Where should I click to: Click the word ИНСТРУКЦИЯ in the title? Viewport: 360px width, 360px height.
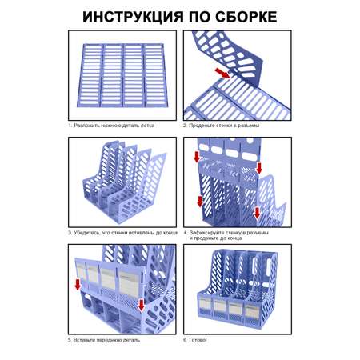coord(133,17)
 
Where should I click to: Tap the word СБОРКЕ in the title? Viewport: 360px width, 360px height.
coord(246,17)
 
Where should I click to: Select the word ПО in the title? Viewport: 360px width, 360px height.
coord(199,17)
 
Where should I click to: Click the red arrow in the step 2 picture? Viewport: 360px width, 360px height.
coord(223,73)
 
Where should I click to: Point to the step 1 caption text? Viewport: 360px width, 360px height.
coord(111,126)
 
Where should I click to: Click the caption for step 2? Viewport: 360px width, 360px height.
coord(221,126)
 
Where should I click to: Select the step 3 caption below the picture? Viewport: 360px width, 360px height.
coord(122,233)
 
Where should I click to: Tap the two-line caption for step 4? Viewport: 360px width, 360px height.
coord(226,235)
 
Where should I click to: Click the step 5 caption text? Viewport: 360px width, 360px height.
coord(104,340)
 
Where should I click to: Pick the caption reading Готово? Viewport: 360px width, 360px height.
coord(195,340)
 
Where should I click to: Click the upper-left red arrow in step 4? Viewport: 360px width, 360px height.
coord(197,157)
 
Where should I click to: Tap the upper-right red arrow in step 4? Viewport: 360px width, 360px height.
coord(258,168)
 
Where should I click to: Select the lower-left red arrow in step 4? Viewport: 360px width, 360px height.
coord(200,201)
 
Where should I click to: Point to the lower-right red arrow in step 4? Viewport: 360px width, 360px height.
coord(257,213)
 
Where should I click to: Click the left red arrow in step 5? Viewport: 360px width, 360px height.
coord(78,284)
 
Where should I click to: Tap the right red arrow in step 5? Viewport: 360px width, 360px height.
coord(141,305)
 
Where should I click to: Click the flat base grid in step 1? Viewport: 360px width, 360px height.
coord(122,75)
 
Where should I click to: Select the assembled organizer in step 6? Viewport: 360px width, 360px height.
coord(238,289)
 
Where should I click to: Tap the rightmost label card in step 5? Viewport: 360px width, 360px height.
coord(129,283)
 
